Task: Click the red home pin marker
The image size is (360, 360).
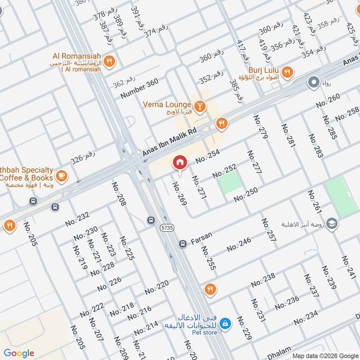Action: pos(180,162)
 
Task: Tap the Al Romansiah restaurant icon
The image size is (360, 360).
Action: pos(108,61)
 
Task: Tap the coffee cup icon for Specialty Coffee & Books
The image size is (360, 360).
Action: pos(62,176)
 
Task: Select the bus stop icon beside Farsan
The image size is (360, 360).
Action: pos(183,244)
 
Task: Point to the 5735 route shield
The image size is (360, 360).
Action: pos(166,228)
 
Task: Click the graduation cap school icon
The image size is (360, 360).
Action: pos(332,224)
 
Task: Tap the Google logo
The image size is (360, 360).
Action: pos(19,353)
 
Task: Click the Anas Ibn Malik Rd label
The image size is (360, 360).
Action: pos(170,141)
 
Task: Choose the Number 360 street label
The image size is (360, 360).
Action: pos(139,89)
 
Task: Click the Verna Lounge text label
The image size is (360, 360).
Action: pos(167,104)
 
